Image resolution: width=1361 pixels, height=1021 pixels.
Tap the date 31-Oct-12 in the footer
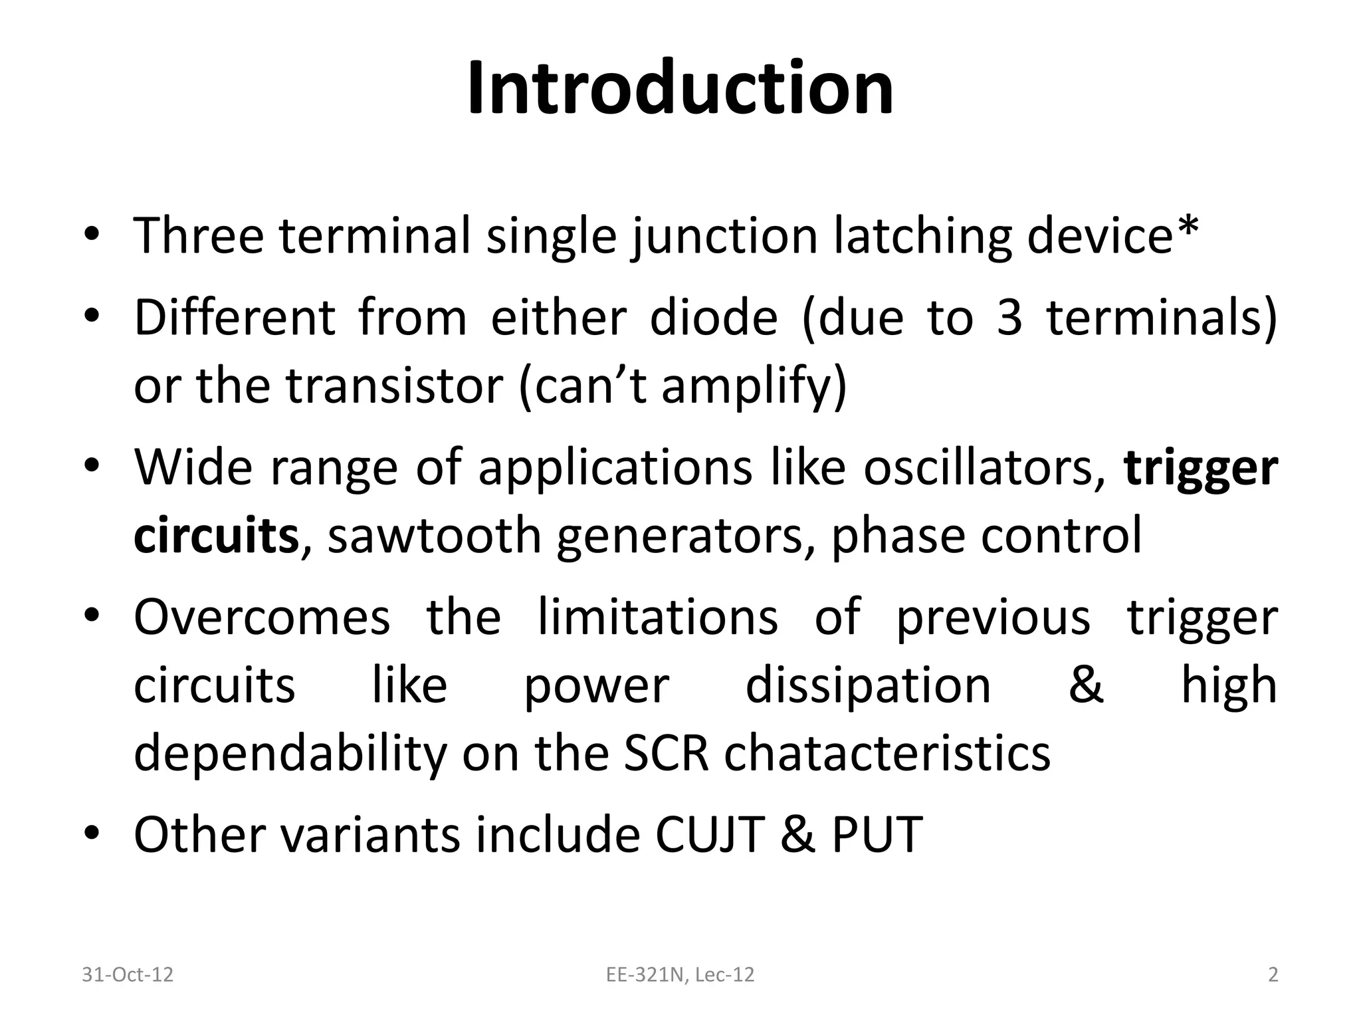point(127,974)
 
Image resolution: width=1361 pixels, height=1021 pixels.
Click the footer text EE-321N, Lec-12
point(680,974)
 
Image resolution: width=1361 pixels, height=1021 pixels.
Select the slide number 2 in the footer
point(1273,974)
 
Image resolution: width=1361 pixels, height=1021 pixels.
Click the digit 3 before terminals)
point(1009,318)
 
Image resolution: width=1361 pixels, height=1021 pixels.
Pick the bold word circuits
point(216,536)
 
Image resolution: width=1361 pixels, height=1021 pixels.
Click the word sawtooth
point(435,536)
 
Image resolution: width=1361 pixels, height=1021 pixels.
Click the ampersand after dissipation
point(1085,685)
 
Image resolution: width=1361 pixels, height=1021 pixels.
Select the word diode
point(713,318)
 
